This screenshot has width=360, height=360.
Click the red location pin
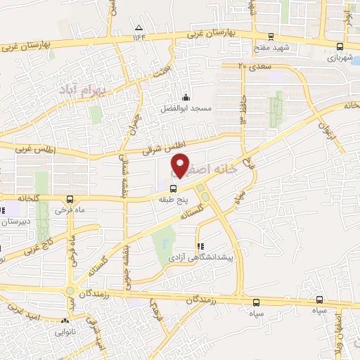click(x=181, y=165)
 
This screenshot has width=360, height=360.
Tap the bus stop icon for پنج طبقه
click(x=174, y=187)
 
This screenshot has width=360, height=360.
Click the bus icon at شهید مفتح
click(x=270, y=37)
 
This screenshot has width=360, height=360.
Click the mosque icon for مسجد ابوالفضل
click(x=186, y=97)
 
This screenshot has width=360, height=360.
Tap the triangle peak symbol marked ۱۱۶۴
click(x=138, y=27)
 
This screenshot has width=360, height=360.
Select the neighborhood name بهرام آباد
click(x=101, y=91)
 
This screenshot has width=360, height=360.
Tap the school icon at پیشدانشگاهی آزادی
click(x=200, y=247)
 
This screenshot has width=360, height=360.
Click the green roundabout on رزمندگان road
click(x=70, y=292)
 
